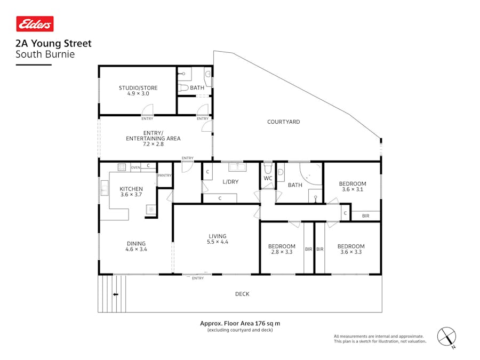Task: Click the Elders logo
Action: coord(35,24)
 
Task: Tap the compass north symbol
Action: coord(446,337)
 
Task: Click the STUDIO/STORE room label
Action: coord(138,87)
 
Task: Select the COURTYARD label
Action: coord(283,122)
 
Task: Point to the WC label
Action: coord(268,178)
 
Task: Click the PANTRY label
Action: coord(164,175)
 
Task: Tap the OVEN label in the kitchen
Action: coord(135,167)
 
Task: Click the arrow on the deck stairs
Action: coord(115,294)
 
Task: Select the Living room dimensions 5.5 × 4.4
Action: coord(218,243)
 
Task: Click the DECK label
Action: coord(242,294)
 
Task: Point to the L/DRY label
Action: coord(230,182)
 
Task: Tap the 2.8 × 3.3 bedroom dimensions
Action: coord(281,252)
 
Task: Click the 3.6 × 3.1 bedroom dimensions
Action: coord(353,190)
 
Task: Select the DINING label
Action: coord(135,243)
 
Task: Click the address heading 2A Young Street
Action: coord(53,44)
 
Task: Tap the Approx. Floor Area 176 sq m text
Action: coord(240,323)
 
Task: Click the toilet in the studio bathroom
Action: coord(182,88)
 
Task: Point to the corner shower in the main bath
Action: coord(309,173)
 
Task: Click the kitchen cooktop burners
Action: coord(121,167)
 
